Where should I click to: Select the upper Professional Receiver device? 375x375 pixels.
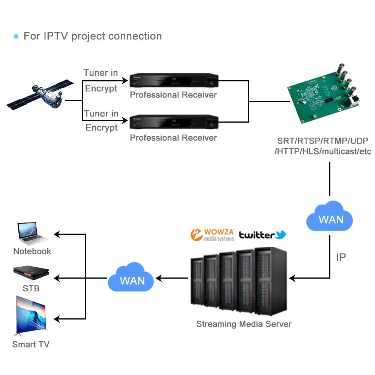coord(174,81)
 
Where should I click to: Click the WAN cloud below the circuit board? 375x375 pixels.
coord(330,217)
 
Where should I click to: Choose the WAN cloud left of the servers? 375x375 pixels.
coord(131,278)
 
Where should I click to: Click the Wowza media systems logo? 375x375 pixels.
coord(212,235)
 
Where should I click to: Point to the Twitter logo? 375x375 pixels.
coord(263,235)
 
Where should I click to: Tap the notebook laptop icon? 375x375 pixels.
coord(32,234)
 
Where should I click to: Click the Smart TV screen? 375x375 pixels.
coord(31,314)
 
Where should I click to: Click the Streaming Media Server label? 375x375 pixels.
coord(244,324)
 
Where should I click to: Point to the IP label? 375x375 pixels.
coord(340,257)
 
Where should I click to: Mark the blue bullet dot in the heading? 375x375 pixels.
coord(16,36)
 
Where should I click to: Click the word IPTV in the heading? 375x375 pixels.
coord(56,36)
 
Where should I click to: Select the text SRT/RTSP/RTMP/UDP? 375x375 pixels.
coord(322,141)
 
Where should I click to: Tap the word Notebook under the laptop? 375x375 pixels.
coord(32,251)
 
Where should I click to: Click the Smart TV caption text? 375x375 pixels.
coord(31,344)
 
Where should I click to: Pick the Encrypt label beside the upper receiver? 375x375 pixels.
coord(101,88)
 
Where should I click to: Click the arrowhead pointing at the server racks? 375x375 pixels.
coord(292,278)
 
